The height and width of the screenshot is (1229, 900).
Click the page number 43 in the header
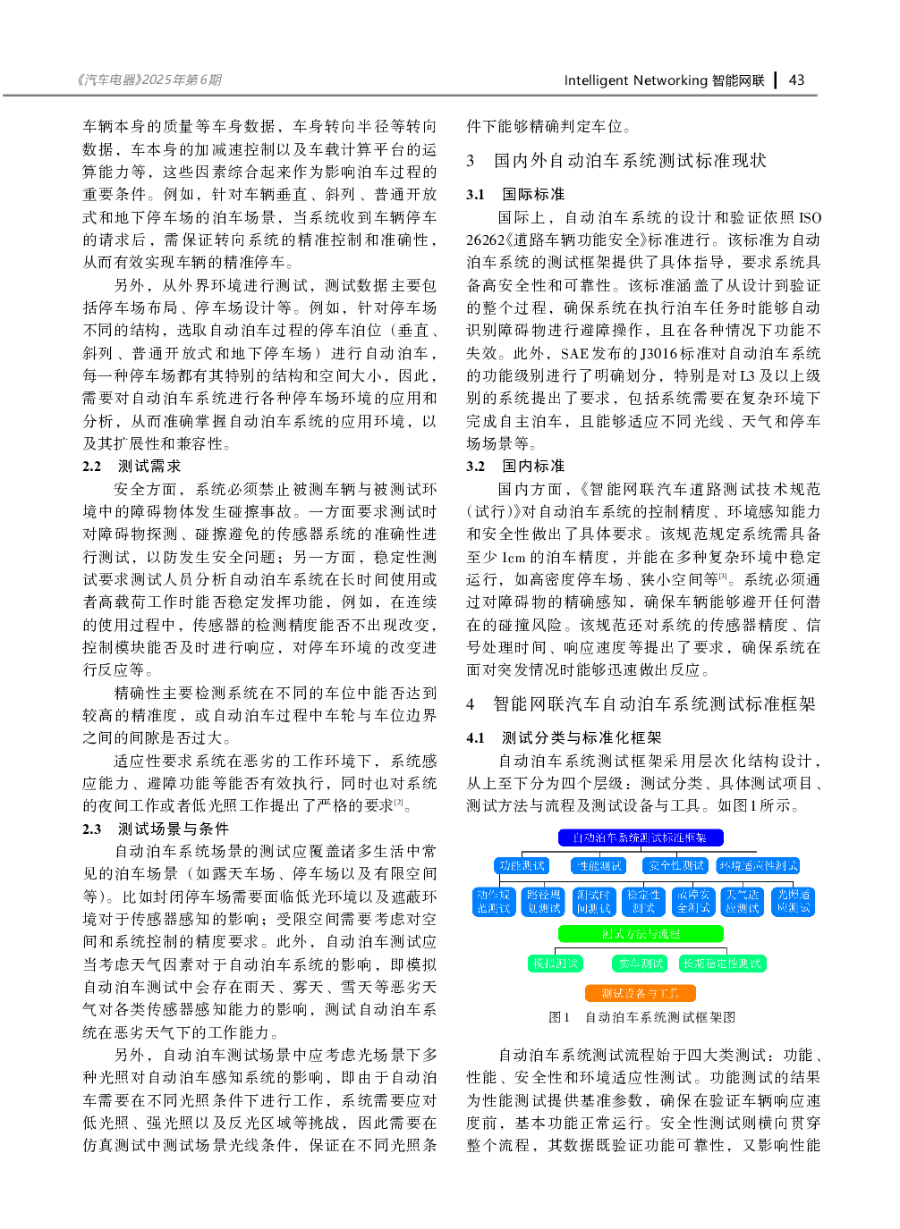(796, 80)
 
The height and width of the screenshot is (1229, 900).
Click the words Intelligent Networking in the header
(635, 80)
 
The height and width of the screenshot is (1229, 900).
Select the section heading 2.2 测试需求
(132, 467)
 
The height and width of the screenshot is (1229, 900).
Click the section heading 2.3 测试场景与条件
(156, 829)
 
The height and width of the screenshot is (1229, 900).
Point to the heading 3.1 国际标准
(515, 195)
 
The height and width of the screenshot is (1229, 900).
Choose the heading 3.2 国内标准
(515, 467)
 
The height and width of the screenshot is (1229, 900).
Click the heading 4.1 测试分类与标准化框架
(564, 738)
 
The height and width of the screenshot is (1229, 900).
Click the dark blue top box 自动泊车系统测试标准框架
(641, 838)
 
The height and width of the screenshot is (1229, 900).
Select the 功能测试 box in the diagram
(522, 866)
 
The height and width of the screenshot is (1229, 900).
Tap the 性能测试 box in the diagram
(599, 866)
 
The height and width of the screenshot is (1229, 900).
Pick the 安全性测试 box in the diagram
(676, 866)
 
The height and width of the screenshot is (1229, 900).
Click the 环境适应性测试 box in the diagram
(758, 866)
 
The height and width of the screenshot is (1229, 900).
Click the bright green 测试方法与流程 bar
(641, 934)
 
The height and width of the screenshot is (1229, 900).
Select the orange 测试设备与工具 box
(641, 993)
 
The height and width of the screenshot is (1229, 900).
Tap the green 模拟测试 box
(556, 964)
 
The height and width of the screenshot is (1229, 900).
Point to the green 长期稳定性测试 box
(722, 964)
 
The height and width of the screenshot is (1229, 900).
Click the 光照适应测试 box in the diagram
(793, 901)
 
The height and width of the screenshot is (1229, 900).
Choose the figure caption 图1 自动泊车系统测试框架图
(641, 1017)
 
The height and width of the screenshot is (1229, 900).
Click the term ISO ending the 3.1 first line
(809, 218)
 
